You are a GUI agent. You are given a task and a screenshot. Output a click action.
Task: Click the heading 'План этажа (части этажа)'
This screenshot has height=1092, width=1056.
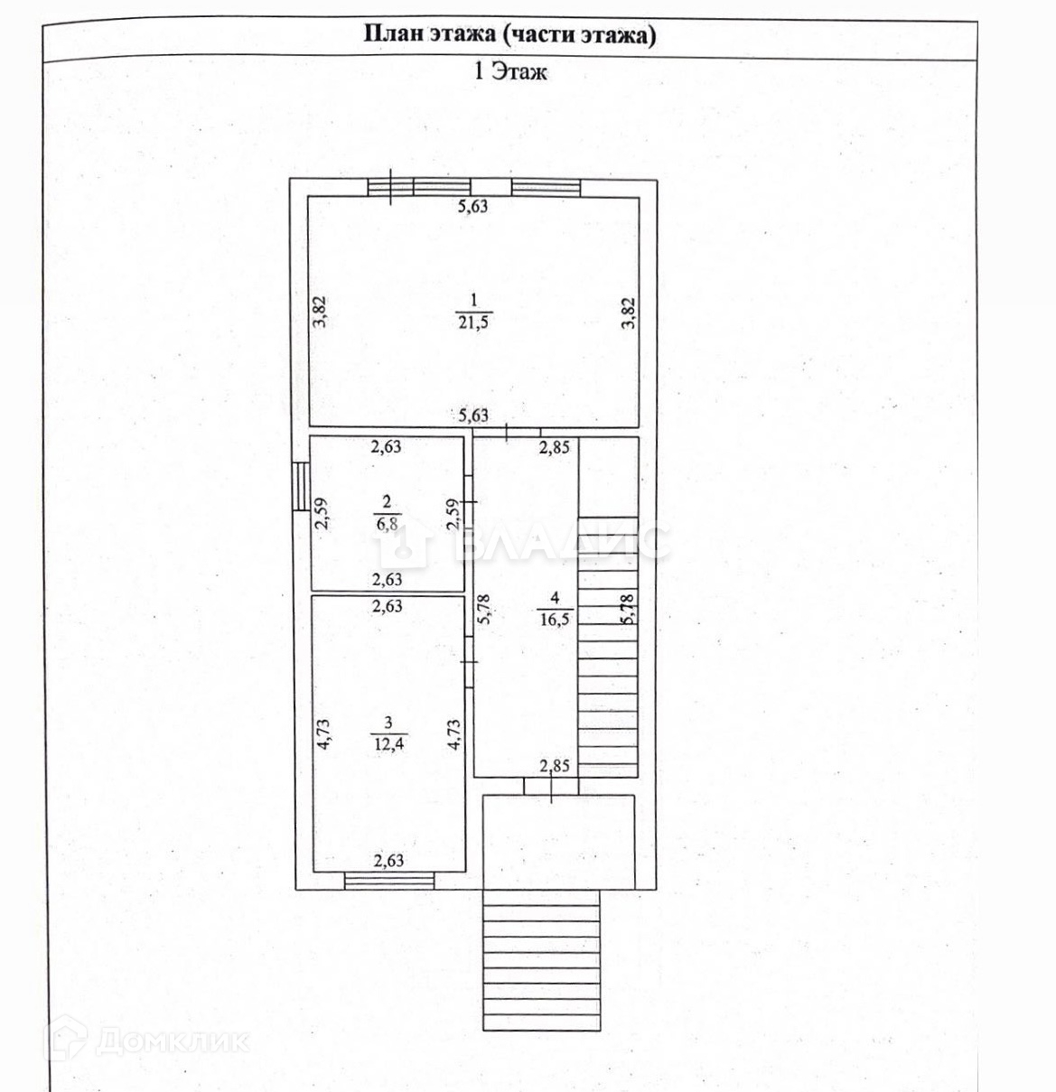pyautogui.click(x=509, y=35)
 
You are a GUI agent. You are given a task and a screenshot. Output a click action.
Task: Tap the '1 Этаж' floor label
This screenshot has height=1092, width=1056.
pyautogui.click(x=510, y=71)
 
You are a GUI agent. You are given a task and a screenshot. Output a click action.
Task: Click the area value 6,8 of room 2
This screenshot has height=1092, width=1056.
pyautogui.click(x=387, y=525)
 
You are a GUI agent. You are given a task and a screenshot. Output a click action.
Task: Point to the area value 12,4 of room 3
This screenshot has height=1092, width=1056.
pyautogui.click(x=388, y=742)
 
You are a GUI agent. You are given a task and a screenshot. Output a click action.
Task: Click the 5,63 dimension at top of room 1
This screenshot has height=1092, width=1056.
pyautogui.click(x=472, y=206)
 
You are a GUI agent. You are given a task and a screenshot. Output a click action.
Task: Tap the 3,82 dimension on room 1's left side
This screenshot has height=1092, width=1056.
pyautogui.click(x=319, y=312)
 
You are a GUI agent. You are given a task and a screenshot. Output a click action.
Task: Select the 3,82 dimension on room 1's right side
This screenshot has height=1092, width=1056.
pyautogui.click(x=629, y=312)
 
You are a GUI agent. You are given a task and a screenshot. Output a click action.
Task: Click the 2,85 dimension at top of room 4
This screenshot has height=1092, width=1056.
pyautogui.click(x=554, y=446)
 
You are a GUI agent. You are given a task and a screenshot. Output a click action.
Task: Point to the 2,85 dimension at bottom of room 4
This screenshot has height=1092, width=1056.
pyautogui.click(x=554, y=767)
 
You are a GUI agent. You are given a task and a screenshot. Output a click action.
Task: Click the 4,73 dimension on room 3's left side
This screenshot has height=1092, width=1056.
pyautogui.click(x=323, y=733)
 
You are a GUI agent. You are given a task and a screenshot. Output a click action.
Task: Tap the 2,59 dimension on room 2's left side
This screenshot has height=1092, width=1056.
pyautogui.click(x=320, y=514)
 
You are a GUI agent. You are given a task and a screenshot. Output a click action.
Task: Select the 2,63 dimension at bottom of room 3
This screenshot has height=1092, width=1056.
pyautogui.click(x=388, y=861)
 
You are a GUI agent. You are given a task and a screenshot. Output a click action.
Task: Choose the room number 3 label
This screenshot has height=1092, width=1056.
pyautogui.click(x=388, y=722)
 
